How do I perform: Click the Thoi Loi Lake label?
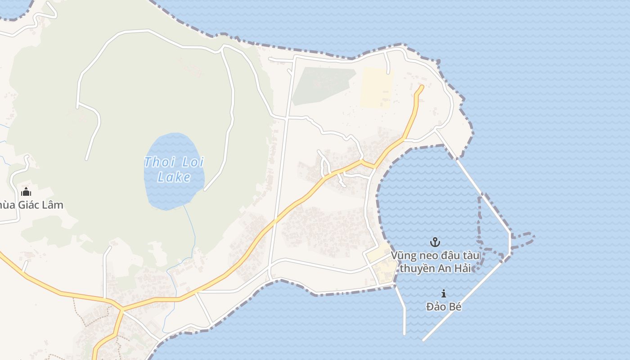[x=174, y=169]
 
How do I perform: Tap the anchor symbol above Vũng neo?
[x=435, y=243]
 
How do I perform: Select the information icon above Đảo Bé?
[x=444, y=293]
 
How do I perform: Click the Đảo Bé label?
[x=444, y=307]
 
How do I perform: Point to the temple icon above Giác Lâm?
[x=26, y=192]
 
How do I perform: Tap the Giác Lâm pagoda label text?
[x=31, y=205]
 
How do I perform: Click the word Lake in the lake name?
[x=174, y=177]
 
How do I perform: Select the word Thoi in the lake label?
[x=156, y=162]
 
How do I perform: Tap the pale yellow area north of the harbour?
[x=376, y=88]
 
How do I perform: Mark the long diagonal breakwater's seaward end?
[x=424, y=339]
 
